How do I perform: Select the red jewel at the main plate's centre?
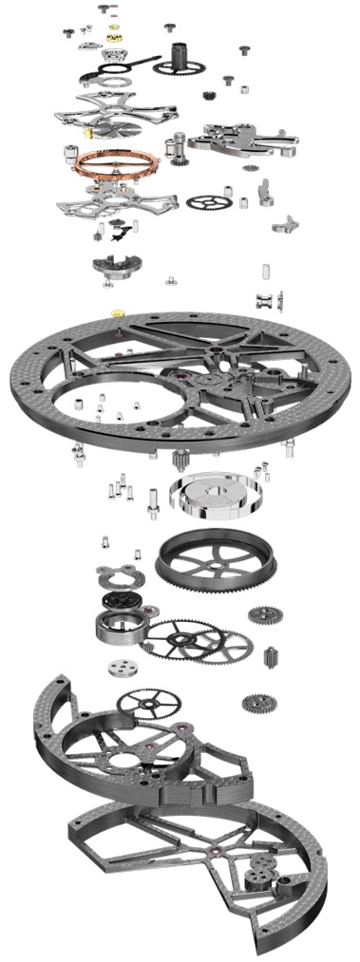[176, 384]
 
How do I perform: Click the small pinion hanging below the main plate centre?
[176, 463]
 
